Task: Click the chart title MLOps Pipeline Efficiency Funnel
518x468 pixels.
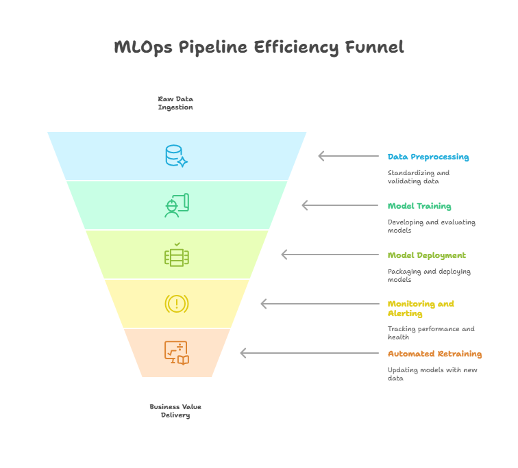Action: pyautogui.click(x=259, y=47)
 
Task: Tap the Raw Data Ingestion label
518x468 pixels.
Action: pyautogui.click(x=175, y=103)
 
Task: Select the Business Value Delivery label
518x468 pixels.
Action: pyautogui.click(x=175, y=411)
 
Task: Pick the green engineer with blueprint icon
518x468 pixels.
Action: pyautogui.click(x=177, y=205)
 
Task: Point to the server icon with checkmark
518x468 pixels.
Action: pyautogui.click(x=177, y=255)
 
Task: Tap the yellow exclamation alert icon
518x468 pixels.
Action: pyautogui.click(x=177, y=303)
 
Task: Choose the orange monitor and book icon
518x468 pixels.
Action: pyautogui.click(x=177, y=353)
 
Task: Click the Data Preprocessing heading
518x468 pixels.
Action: pyautogui.click(x=428, y=157)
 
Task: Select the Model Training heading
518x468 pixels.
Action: pyautogui.click(x=419, y=206)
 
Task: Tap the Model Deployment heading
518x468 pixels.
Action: pyautogui.click(x=426, y=255)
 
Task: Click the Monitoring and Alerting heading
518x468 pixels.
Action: pyautogui.click(x=421, y=309)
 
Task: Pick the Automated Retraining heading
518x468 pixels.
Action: pyautogui.click(x=434, y=354)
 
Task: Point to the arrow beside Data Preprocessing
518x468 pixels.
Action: pyautogui.click(x=349, y=156)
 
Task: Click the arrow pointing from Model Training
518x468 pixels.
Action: pyautogui.click(x=340, y=205)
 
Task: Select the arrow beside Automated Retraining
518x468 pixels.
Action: pyautogui.click(x=309, y=353)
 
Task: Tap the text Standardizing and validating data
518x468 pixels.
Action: pyautogui.click(x=419, y=177)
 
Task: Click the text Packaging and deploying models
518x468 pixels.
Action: pyautogui.click(x=429, y=275)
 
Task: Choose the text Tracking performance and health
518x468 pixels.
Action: pyautogui.click(x=431, y=333)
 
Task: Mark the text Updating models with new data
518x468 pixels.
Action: pyautogui.click(x=432, y=374)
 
